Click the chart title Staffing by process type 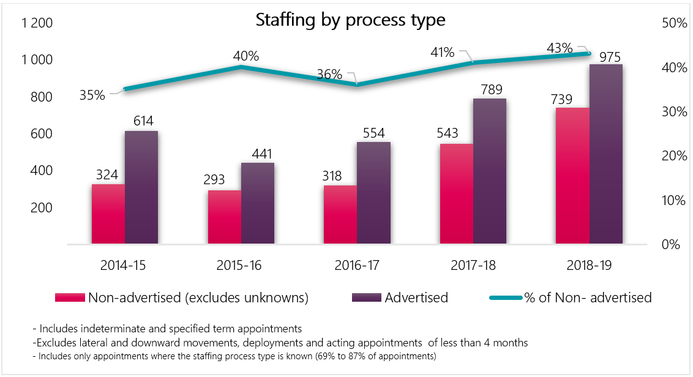(350, 20)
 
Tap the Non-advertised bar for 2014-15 (108, 214)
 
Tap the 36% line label (329, 75)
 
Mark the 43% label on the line (560, 48)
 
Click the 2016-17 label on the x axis (357, 266)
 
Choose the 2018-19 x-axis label (589, 266)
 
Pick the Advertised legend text (416, 298)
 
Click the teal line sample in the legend (506, 298)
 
